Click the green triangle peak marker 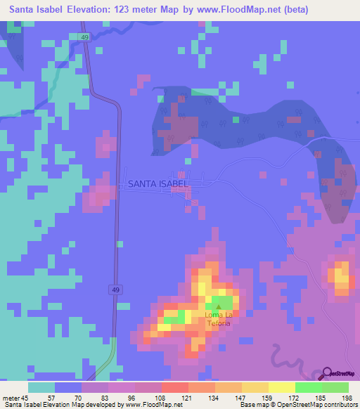(x=219, y=307)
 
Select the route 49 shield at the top (x=84, y=37)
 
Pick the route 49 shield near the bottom (x=114, y=289)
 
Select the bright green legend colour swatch (x=308, y=387)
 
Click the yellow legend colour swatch (x=281, y=387)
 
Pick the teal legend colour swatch (x=41, y=387)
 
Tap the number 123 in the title (x=139, y=10)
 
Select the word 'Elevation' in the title (x=98, y=10)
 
